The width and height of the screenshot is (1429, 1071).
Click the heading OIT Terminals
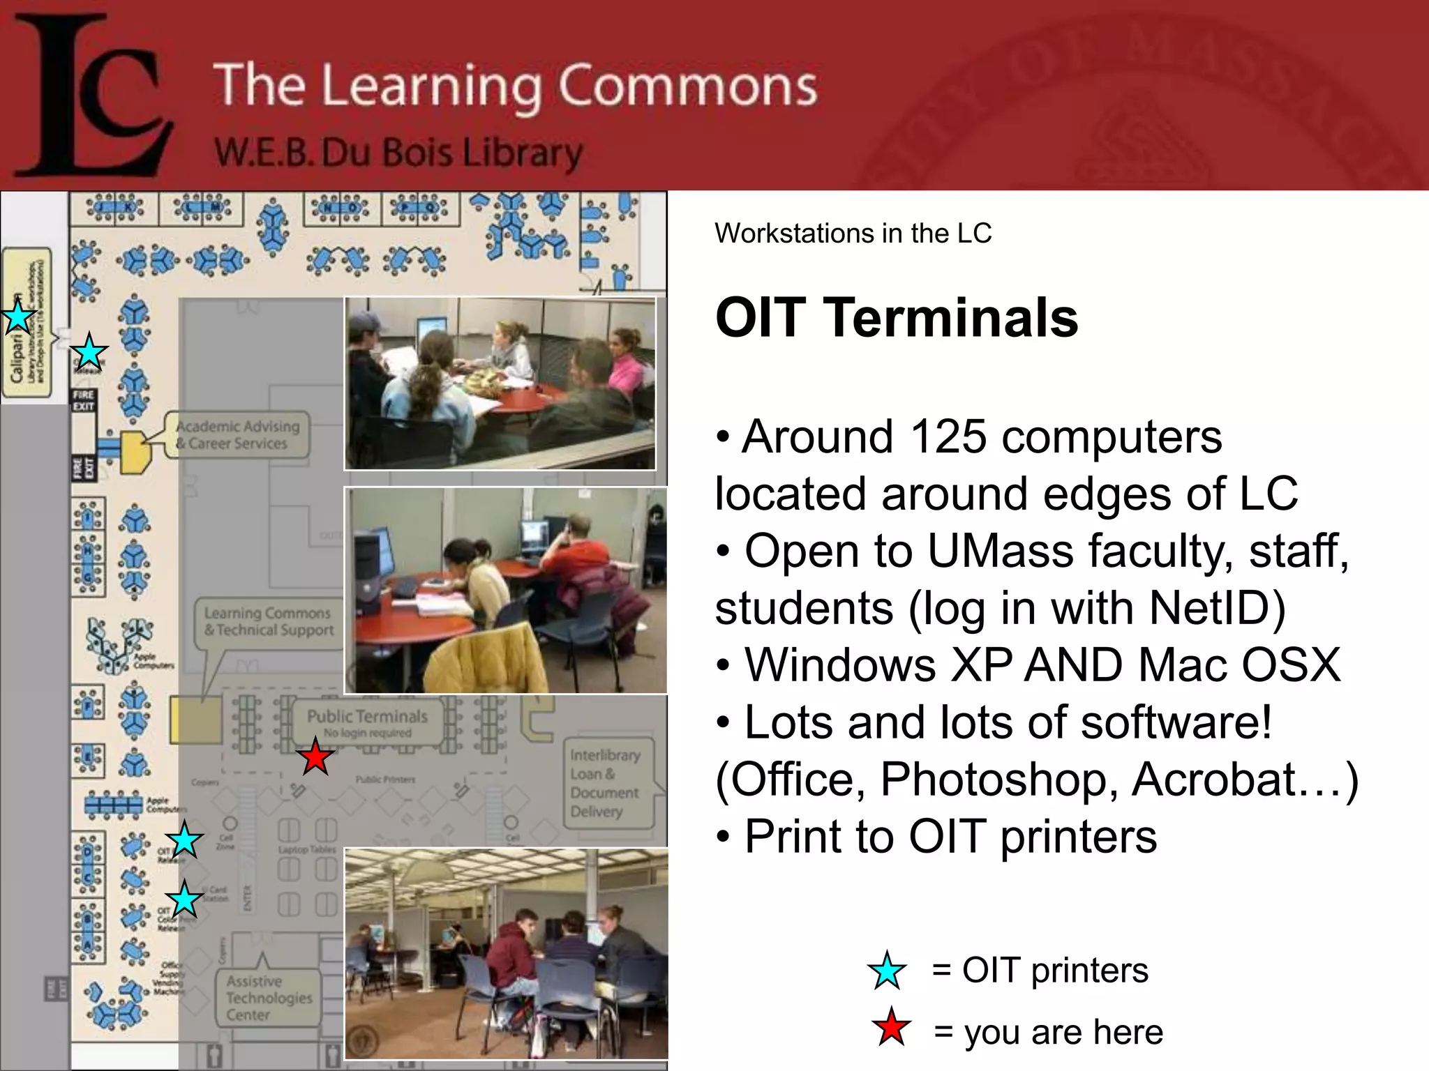click(896, 318)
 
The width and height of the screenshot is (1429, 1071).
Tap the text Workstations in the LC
click(853, 234)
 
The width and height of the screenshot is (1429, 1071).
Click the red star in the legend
click(891, 1028)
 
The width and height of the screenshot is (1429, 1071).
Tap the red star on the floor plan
click(315, 758)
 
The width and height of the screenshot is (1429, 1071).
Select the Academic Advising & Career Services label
click(237, 434)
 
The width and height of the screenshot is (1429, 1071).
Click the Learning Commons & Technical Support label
click(269, 621)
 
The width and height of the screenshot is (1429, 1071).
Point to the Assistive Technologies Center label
click(269, 998)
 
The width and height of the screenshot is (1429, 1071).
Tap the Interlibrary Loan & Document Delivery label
click(604, 783)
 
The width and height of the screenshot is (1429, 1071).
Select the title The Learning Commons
click(514, 86)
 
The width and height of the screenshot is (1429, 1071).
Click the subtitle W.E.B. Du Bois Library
click(398, 153)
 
